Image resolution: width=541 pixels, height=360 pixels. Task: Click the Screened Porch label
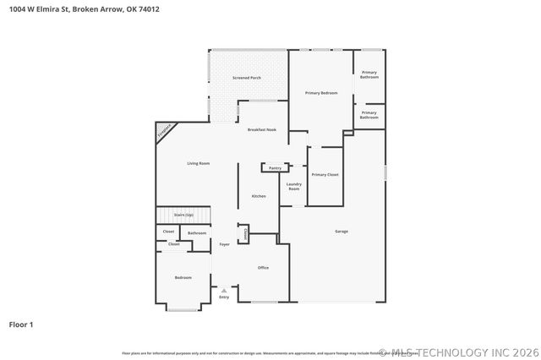pos(247,78)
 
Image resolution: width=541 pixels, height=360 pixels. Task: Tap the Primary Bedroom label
pos(321,92)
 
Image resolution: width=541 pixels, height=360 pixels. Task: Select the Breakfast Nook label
pos(262,129)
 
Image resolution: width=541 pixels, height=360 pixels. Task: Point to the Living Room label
pos(199,162)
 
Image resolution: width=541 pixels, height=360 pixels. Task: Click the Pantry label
pos(275,168)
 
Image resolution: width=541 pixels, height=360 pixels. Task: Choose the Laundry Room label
pos(294,186)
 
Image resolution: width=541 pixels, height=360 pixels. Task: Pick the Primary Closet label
pos(325,174)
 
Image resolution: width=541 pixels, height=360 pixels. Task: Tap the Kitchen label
pos(259,196)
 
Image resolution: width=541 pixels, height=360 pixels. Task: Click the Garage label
pos(342,231)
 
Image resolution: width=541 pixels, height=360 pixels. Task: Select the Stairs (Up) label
pos(183,215)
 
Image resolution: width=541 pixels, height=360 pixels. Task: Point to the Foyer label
pos(224,244)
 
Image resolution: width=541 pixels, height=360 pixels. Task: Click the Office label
pos(263,267)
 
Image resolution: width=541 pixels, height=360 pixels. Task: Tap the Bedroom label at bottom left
pos(183,277)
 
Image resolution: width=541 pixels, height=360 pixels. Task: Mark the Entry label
pos(224,297)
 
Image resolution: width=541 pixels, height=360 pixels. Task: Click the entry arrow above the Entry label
pos(224,290)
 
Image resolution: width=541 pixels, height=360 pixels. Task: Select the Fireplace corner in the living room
pos(165,131)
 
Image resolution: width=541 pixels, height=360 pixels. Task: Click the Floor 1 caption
pos(21,324)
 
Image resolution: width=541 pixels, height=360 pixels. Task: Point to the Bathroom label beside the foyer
pos(197,232)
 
